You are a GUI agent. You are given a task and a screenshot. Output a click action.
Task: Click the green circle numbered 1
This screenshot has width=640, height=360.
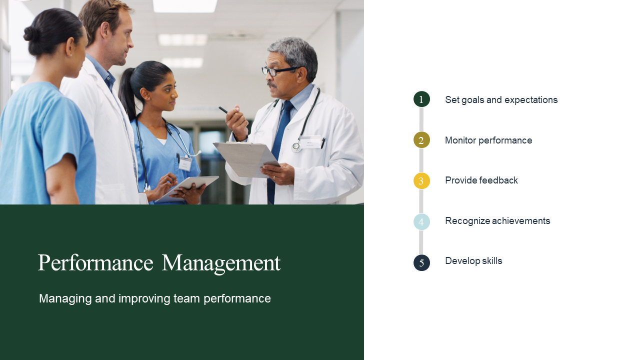pos(421,99)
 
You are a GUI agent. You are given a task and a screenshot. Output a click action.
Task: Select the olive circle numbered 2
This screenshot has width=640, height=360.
pos(421,140)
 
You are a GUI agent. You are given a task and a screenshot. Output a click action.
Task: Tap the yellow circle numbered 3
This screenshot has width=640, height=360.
pos(421,181)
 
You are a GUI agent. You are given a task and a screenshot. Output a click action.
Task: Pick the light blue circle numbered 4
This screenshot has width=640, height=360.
pos(421,221)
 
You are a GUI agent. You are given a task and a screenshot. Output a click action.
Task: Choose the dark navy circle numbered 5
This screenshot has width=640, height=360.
pos(421,262)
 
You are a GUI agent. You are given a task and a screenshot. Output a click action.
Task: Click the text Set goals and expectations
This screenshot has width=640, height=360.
pos(501,99)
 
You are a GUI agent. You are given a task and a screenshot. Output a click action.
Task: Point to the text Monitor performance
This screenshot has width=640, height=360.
pos(488,140)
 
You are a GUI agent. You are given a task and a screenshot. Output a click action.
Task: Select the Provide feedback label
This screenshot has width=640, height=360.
pos(481,180)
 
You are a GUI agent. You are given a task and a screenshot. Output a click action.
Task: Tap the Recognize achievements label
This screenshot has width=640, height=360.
pos(497,221)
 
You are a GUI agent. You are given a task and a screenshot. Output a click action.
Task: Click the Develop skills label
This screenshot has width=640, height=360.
pos(473,261)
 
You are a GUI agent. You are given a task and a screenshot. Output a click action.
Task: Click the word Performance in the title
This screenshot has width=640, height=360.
pos(95,263)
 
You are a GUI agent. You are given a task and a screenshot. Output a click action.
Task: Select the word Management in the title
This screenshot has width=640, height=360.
pos(221,263)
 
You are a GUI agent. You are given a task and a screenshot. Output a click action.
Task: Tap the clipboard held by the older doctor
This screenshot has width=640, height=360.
pos(246,158)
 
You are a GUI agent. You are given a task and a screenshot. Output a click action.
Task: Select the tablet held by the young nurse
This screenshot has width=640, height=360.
pos(187,188)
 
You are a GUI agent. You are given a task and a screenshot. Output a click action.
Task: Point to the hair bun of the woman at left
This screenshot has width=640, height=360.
pos(30,33)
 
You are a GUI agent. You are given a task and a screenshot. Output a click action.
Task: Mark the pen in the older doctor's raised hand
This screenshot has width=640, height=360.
pos(223,109)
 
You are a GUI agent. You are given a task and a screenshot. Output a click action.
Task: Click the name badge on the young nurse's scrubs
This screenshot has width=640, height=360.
pos(185,164)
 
